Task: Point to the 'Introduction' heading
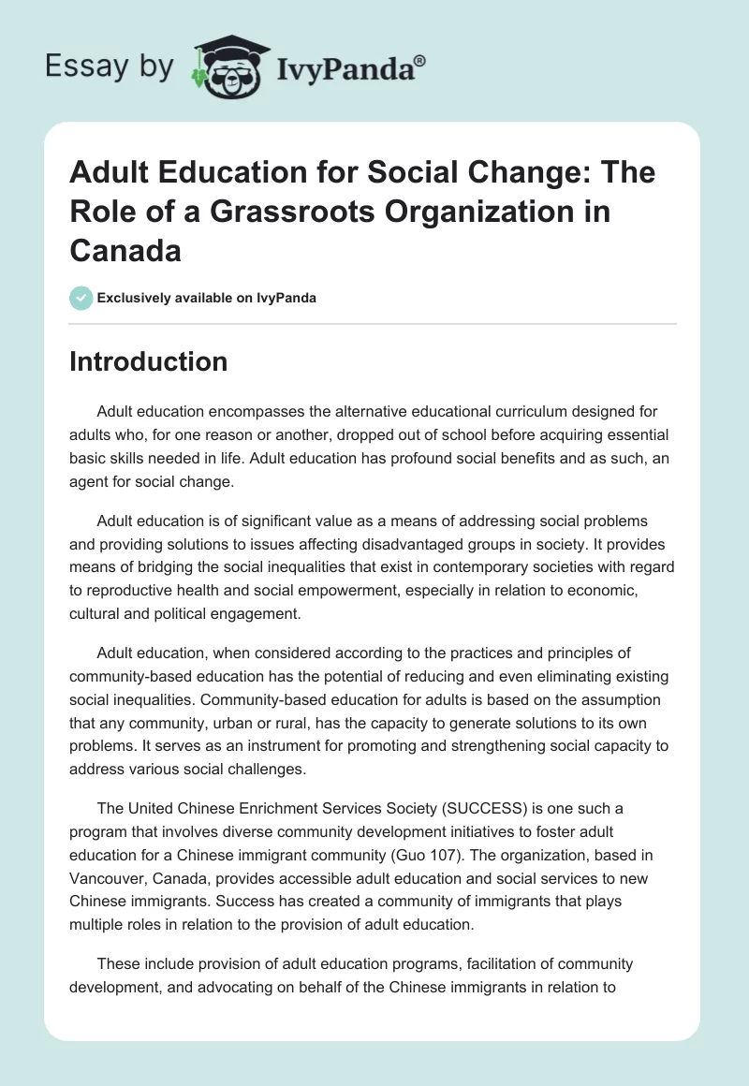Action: [148, 361]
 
